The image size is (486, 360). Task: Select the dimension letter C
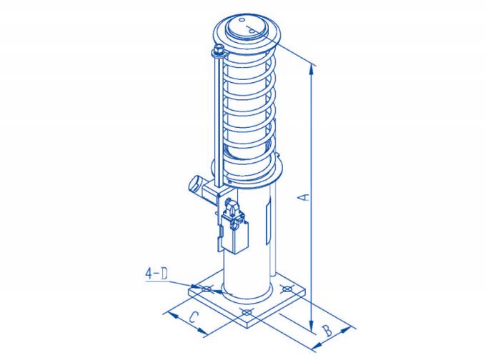pos(192,319)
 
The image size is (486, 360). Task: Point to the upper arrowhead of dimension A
pos(312,69)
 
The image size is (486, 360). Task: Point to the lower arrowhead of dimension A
pos(312,328)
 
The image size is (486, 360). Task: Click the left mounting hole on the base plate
pos(207,289)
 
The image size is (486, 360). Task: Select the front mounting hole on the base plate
pos(247,313)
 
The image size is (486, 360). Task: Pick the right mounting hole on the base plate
pos(287,289)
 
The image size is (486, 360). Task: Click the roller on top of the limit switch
pos(230,208)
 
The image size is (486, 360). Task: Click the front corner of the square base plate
pos(247,325)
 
